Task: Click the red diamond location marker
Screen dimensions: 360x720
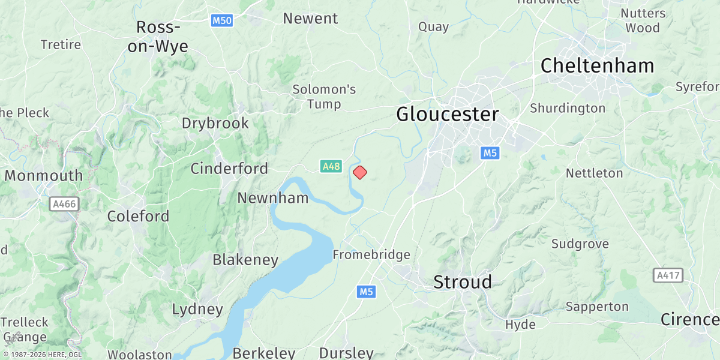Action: click(360, 173)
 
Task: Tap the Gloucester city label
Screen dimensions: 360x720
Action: click(447, 114)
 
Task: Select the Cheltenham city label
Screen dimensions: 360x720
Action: click(597, 65)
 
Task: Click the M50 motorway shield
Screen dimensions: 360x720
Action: click(222, 21)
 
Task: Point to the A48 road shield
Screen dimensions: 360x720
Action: click(331, 166)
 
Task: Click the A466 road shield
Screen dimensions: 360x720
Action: click(64, 204)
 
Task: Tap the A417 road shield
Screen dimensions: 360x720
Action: click(668, 275)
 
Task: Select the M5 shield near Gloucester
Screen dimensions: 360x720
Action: click(490, 154)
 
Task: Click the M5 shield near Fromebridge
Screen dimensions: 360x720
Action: click(366, 292)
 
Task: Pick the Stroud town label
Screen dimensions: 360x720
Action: click(463, 282)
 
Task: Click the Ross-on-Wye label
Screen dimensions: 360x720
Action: click(158, 37)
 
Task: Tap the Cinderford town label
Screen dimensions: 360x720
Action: click(229, 169)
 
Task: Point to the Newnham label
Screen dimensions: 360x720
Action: click(273, 198)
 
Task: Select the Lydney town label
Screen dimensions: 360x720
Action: click(197, 310)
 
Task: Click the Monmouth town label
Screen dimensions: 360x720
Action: click(44, 176)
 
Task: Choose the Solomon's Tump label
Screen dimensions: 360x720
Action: click(324, 97)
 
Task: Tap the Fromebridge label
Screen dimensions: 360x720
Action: click(371, 255)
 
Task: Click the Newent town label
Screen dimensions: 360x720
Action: click(310, 19)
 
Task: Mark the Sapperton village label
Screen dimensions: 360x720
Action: click(597, 307)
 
